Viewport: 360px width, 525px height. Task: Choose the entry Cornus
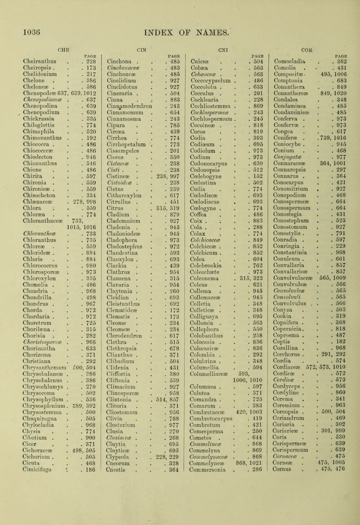(282, 517)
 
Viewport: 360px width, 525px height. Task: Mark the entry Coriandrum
(289, 478)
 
